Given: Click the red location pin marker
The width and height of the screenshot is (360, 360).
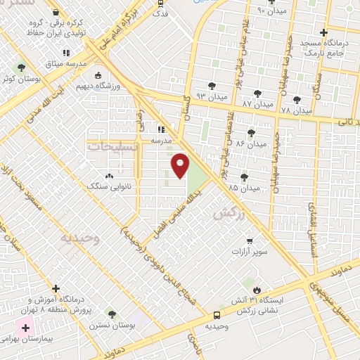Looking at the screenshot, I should (181, 165).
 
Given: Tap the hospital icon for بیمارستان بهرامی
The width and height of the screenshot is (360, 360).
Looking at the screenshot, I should (26, 328).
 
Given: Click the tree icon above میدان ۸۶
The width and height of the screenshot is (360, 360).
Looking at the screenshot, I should (251, 132).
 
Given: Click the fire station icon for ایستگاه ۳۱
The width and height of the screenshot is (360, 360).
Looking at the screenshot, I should (257, 289).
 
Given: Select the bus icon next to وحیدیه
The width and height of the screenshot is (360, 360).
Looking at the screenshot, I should (217, 315).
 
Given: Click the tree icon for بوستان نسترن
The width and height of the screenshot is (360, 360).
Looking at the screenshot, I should (110, 313).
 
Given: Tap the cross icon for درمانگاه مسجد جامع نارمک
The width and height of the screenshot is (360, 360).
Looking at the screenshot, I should (323, 32).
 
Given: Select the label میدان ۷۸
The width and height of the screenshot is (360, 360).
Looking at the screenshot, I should (295, 111).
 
